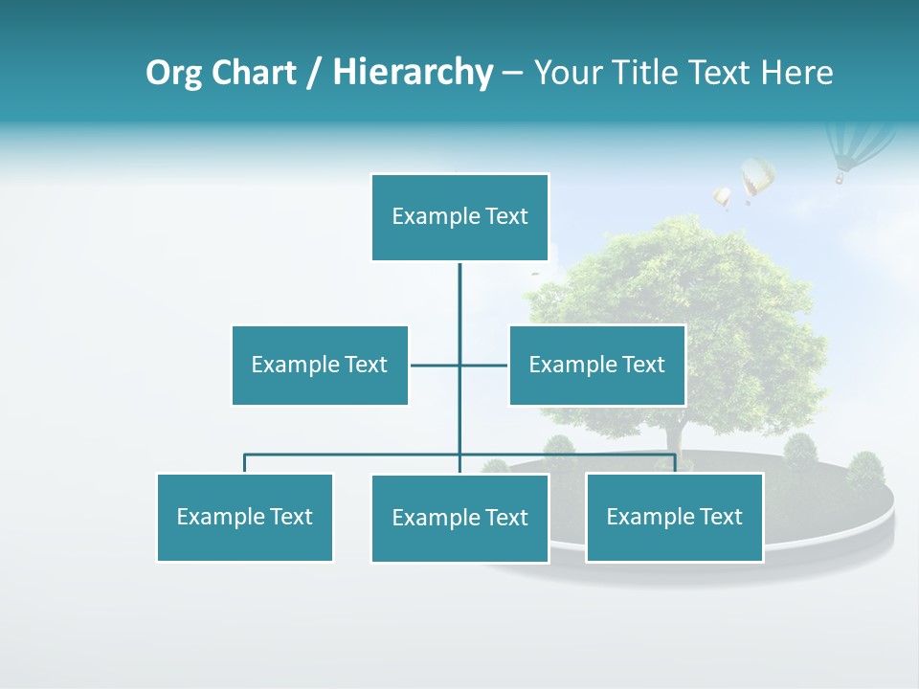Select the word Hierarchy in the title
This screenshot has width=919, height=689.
(413, 73)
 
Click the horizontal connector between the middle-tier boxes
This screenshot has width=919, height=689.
(436, 365)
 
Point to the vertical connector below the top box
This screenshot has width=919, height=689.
(459, 297)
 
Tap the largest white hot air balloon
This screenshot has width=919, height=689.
(757, 178)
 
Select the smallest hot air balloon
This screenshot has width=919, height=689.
(722, 197)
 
